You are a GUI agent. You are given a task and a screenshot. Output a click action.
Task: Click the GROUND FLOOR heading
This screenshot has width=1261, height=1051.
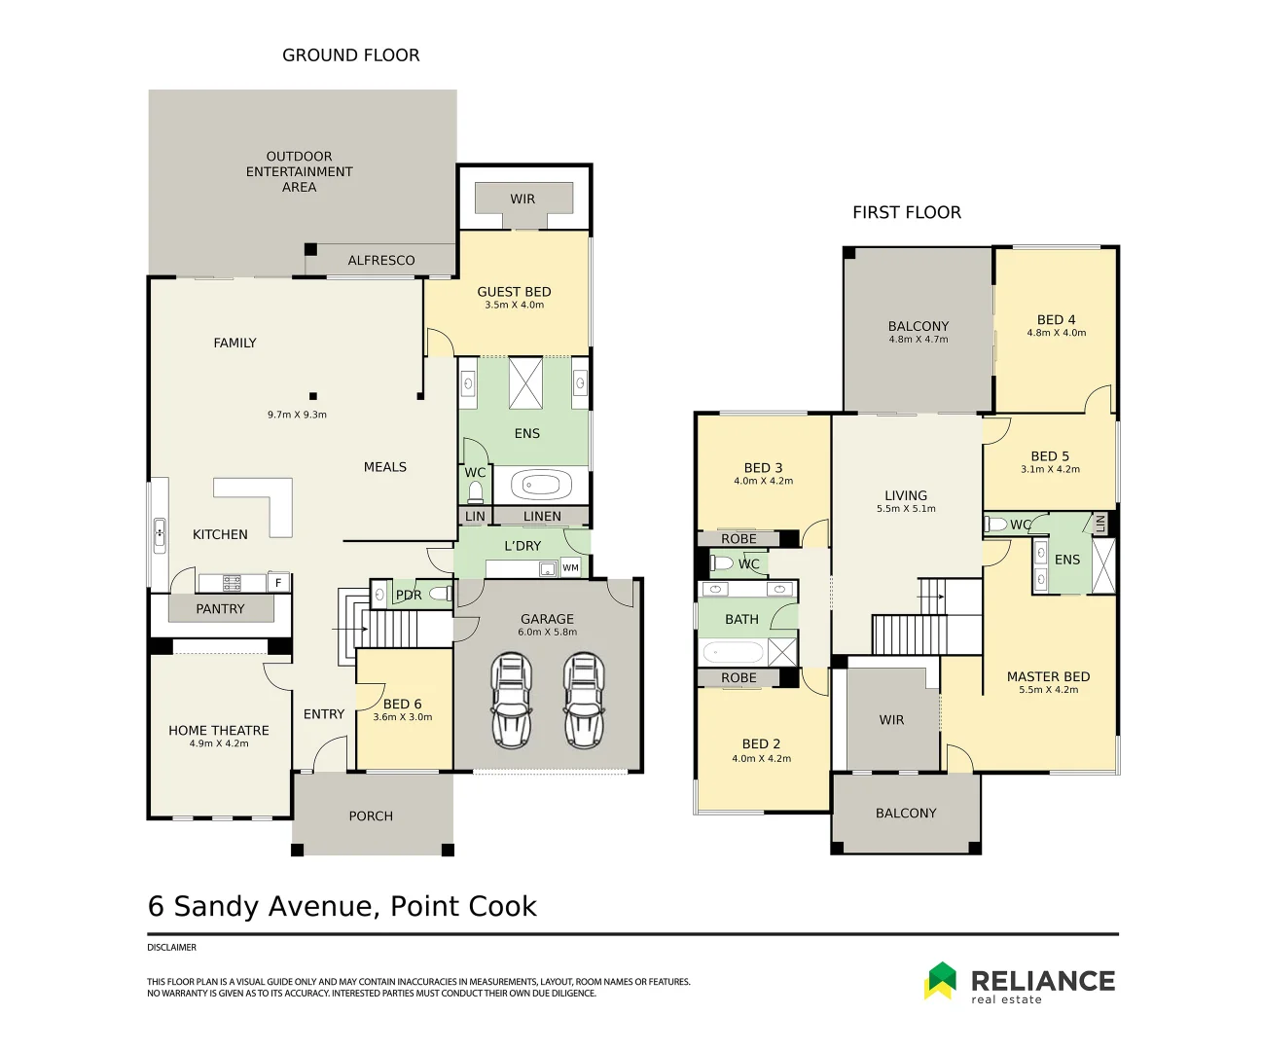tap(351, 55)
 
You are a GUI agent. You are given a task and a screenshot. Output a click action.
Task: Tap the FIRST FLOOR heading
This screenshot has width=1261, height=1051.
tap(907, 212)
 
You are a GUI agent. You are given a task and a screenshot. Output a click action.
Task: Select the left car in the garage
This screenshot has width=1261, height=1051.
tap(512, 701)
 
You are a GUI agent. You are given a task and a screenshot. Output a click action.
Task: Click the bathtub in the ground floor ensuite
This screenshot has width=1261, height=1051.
tap(541, 485)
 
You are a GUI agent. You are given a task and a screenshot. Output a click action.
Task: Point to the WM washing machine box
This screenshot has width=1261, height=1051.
tap(570, 567)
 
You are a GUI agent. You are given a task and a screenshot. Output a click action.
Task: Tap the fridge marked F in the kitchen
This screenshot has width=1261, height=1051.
tap(278, 582)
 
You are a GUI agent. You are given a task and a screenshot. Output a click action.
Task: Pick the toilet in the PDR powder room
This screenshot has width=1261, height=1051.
tap(441, 595)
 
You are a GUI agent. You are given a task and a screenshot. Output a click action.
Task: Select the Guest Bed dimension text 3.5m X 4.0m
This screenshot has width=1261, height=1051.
tap(515, 305)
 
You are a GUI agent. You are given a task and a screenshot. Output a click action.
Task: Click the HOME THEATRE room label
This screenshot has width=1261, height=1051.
tap(219, 730)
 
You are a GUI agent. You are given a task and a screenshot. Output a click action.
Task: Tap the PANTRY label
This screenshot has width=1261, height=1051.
tap(220, 609)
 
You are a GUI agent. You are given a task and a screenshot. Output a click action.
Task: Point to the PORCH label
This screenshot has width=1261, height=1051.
tap(371, 816)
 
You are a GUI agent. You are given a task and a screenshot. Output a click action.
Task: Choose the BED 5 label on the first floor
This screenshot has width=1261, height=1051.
tap(1050, 456)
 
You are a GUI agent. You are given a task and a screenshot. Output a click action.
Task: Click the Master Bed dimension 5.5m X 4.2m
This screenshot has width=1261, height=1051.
tap(1049, 690)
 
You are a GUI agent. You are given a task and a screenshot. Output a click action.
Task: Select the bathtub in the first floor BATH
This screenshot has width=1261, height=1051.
tap(734, 653)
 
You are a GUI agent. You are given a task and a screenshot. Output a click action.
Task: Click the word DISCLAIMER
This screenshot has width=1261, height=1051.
tap(171, 948)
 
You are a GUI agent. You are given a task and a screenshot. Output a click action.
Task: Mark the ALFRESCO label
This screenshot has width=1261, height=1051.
tap(381, 261)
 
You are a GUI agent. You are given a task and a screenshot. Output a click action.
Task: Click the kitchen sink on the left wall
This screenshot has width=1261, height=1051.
tap(160, 535)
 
